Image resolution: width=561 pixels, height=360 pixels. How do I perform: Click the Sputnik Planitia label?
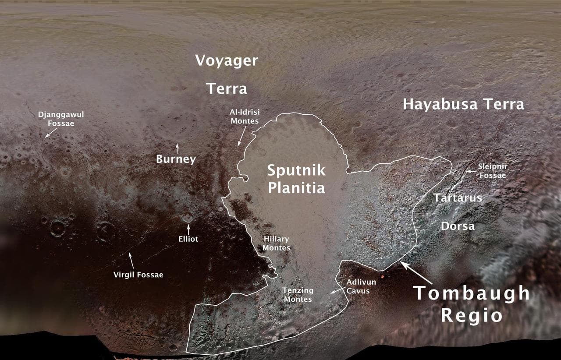point(296,179)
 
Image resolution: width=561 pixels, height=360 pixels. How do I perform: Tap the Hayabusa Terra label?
point(463,104)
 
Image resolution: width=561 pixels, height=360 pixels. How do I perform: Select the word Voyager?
point(227,60)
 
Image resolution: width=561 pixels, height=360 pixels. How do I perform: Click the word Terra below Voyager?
point(227,89)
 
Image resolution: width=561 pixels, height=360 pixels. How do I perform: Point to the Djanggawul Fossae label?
point(61,119)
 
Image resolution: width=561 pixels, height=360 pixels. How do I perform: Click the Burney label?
point(176,159)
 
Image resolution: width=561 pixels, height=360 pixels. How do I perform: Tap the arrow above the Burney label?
point(177,148)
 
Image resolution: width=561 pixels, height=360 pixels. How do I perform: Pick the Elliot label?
point(188,239)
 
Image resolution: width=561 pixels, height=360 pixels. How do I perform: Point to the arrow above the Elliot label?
point(188,229)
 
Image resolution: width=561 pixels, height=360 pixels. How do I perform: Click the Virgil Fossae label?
point(138,275)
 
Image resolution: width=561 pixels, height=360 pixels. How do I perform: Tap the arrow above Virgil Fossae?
point(131,258)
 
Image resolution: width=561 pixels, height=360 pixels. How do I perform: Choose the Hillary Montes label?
point(277,243)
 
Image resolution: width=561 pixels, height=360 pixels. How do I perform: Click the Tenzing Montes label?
point(298,295)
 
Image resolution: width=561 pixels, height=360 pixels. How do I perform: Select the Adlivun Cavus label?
point(361,286)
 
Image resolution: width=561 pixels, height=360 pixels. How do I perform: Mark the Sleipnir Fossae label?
point(493,171)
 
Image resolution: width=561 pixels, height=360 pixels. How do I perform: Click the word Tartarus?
point(458,198)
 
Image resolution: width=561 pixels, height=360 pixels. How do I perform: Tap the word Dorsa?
point(458,226)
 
